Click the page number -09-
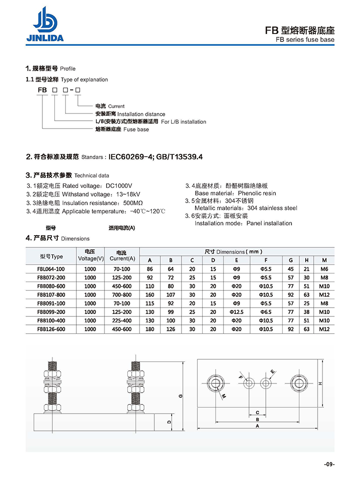pos(329,464)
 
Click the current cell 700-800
pos(122,295)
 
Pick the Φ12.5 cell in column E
pos(237,312)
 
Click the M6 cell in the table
pos(324,269)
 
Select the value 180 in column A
pos(150,329)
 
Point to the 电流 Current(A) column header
pos(122,254)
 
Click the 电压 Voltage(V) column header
pos(90,254)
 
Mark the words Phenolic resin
pos(257,193)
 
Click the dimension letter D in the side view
pos(169,422)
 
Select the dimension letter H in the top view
pos(320,383)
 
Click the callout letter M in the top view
pos(223,396)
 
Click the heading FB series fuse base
pos(305,40)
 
